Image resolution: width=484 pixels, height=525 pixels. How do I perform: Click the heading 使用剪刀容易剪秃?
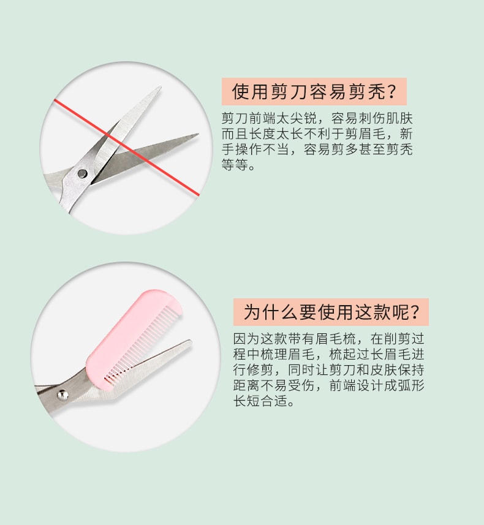click(x=314, y=91)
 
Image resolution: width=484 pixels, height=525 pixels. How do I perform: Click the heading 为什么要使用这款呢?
click(x=331, y=312)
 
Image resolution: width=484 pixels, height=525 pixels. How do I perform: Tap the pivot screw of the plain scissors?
click(x=82, y=173)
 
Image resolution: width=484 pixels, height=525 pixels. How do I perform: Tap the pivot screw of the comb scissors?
click(x=62, y=395)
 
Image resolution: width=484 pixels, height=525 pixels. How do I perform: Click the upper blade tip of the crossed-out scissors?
click(x=160, y=88)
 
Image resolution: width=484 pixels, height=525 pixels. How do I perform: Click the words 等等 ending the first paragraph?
click(x=235, y=164)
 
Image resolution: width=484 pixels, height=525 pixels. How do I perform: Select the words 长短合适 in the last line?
click(x=260, y=401)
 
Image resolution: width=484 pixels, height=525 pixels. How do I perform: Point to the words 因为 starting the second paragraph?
click(x=247, y=339)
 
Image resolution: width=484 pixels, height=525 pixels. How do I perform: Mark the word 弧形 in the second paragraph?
click(x=411, y=385)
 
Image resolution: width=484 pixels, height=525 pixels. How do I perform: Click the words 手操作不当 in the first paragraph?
click(x=255, y=149)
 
